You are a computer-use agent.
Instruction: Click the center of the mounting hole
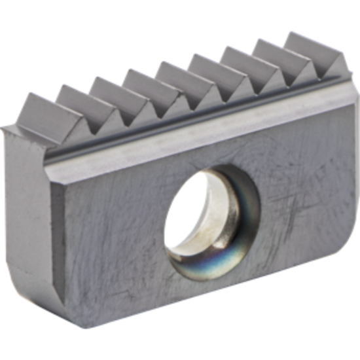208,216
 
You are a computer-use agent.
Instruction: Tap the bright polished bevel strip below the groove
196,134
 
